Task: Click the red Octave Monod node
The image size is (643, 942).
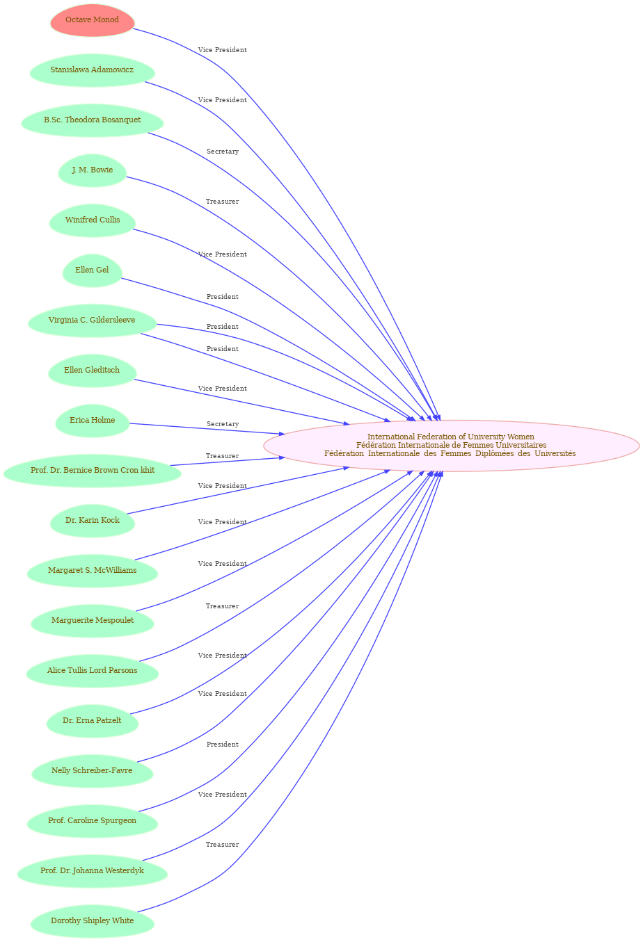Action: (93, 20)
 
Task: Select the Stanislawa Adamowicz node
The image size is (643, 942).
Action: (93, 70)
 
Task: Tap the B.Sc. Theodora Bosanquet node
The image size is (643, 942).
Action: (93, 120)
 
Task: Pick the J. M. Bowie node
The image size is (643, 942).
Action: (93, 170)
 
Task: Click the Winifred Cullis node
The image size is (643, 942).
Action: (93, 220)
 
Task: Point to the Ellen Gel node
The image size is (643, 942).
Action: (93, 270)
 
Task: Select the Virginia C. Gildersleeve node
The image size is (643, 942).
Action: (93, 320)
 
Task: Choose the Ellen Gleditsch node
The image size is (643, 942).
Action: (93, 371)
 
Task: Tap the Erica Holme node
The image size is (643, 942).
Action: (93, 421)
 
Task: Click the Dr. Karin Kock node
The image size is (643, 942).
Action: (93, 521)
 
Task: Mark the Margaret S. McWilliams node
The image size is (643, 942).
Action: (93, 571)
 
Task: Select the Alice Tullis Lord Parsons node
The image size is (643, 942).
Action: (93, 671)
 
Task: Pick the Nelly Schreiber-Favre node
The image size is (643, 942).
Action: (93, 771)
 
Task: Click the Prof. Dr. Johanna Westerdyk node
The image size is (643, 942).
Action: (93, 871)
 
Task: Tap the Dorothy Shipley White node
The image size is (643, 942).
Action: (93, 921)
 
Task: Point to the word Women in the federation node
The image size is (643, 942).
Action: (522, 437)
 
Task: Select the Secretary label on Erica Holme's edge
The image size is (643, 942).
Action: (223, 424)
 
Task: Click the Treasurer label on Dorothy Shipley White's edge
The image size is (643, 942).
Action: (222, 845)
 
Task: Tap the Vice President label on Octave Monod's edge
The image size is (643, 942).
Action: (222, 50)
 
